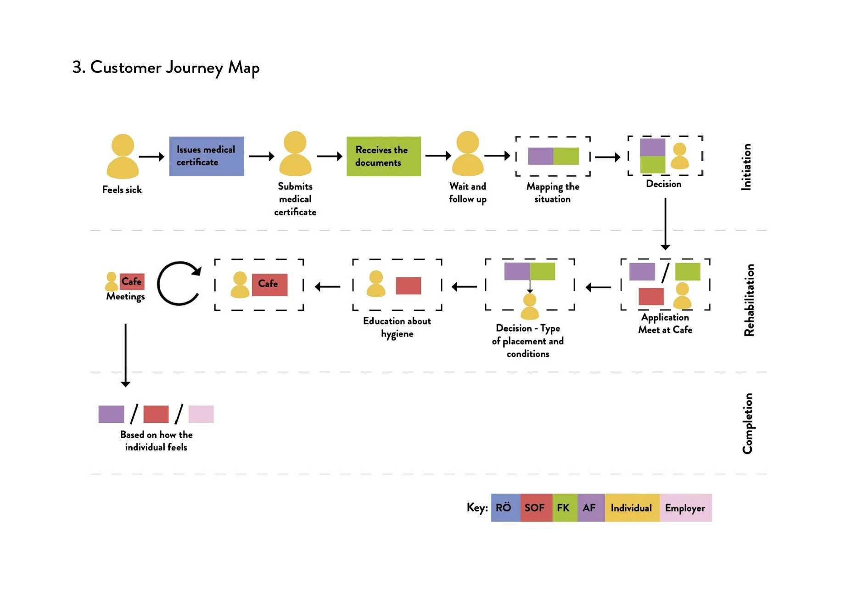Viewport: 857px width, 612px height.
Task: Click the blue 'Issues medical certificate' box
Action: point(207,156)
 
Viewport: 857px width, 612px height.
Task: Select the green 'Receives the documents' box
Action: point(384,156)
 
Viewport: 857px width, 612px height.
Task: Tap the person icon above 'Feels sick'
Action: point(123,156)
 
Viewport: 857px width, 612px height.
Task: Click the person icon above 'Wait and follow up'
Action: point(468,153)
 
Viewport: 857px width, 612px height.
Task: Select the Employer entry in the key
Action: point(686,508)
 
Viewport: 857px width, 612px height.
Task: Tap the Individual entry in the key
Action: point(632,508)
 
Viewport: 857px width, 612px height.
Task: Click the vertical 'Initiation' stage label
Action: point(746,167)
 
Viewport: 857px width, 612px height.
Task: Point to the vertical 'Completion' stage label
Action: point(748,423)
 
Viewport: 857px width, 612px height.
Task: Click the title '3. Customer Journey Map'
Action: point(166,67)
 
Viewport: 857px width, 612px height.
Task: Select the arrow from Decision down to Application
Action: point(665,224)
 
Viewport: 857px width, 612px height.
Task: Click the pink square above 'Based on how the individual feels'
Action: point(201,414)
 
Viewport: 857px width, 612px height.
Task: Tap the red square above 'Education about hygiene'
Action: point(408,286)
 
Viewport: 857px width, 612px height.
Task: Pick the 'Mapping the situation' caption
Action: point(553,193)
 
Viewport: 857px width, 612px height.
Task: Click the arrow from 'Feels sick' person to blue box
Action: point(151,157)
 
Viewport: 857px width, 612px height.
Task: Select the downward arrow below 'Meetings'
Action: point(125,355)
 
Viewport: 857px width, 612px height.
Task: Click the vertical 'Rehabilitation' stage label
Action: point(749,300)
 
